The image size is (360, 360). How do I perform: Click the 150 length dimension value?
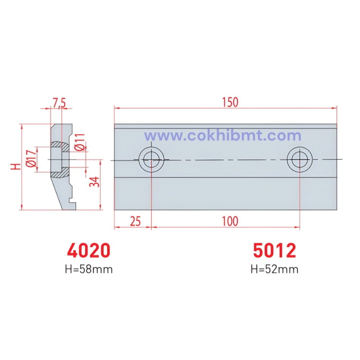pos(231,102)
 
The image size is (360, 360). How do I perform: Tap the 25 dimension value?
pos(135,221)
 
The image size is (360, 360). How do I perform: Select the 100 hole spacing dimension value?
pos(230,221)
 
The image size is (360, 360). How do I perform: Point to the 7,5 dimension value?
pos(59,103)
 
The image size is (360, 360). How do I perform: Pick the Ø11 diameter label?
pos(80,142)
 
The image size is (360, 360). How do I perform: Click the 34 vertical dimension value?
pos(94,181)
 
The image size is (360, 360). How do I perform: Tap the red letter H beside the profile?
pos(16,166)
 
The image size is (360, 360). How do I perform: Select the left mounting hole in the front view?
pos(151,160)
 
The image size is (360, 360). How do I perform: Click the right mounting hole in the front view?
pos(299,160)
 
